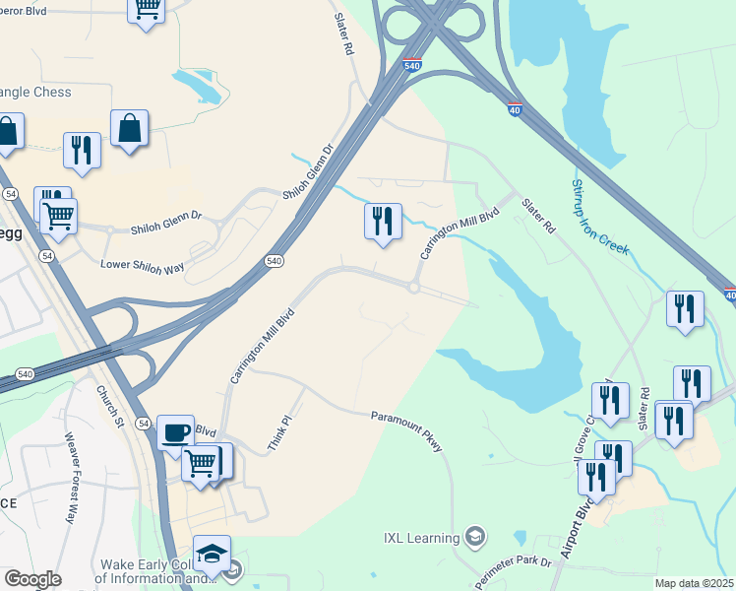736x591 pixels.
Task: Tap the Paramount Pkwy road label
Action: click(407, 433)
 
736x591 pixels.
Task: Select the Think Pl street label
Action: click(280, 433)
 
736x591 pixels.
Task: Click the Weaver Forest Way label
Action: click(70, 478)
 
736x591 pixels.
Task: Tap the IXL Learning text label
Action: click(420, 538)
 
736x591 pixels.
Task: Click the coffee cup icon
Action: click(175, 432)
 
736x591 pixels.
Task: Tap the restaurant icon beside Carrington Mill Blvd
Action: click(383, 221)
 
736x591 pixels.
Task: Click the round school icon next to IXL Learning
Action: click(475, 537)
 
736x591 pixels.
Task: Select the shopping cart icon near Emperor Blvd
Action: click(147, 9)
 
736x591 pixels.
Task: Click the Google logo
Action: click(31, 579)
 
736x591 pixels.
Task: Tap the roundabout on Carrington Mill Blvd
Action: click(414, 288)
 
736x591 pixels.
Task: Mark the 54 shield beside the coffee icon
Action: click(144, 423)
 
